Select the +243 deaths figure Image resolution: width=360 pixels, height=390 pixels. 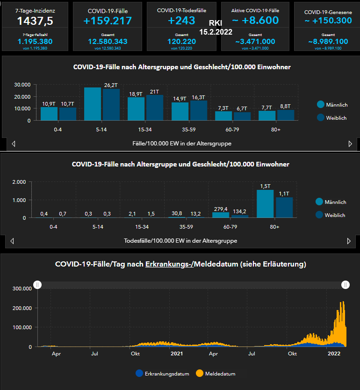[181, 21]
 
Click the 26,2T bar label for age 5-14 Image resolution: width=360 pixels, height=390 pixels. [111, 85]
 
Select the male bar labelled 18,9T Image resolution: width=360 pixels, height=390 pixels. [136, 108]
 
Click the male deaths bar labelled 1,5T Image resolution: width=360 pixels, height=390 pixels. [265, 203]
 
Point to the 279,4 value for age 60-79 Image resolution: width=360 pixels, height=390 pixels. [220, 209]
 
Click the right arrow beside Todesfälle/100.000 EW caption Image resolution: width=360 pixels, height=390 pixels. [348, 241]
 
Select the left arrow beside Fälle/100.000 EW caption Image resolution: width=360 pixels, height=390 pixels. [14, 144]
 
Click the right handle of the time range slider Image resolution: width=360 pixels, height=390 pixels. [346, 285]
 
